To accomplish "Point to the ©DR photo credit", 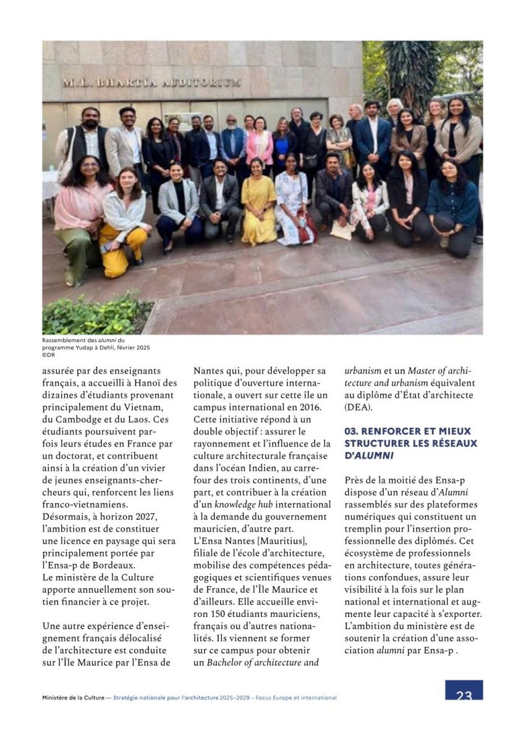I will tap(49, 355).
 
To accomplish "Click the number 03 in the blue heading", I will tap(351, 431).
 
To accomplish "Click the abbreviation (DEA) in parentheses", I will tap(359, 407).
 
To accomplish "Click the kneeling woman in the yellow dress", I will tap(258, 204).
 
